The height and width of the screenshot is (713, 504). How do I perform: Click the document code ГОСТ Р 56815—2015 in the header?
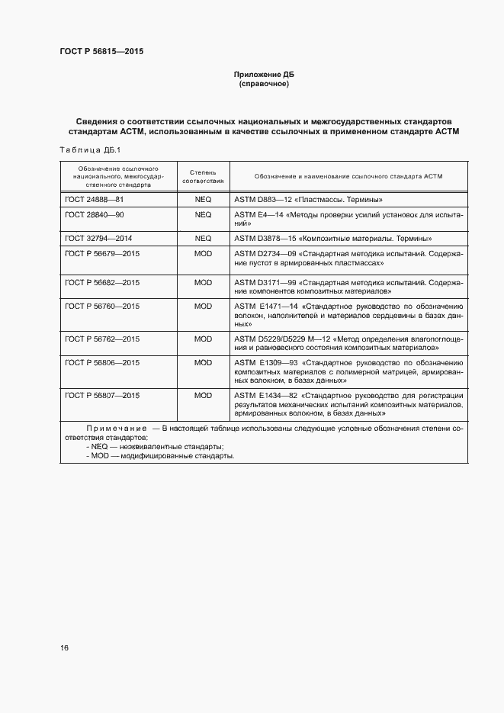click(101, 52)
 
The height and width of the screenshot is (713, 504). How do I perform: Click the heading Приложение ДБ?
click(263, 74)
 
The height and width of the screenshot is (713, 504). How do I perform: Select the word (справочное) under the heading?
click(263, 84)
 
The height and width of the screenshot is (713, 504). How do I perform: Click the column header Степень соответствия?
click(203, 176)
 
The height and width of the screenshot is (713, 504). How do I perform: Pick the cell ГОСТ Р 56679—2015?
click(102, 253)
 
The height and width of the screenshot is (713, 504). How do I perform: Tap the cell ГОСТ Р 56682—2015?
click(102, 282)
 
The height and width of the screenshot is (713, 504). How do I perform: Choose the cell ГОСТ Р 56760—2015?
click(102, 306)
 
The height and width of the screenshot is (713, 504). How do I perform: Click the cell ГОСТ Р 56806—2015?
click(102, 362)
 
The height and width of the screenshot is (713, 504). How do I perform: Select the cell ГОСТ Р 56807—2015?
click(102, 396)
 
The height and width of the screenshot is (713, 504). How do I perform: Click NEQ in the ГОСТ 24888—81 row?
click(203, 199)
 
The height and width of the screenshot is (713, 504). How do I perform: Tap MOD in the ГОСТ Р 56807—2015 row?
click(203, 396)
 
